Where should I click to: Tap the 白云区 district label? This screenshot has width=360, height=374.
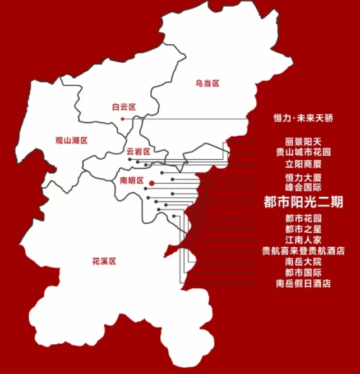coord(124,107)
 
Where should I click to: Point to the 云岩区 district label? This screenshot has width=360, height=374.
coord(139,151)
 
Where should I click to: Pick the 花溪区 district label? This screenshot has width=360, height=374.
coord(104,261)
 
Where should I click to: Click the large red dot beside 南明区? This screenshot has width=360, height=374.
coord(151,183)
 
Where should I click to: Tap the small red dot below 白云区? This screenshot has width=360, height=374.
coord(122,119)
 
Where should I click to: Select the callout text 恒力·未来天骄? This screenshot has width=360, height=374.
coord(303,119)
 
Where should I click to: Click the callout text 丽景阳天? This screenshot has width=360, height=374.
coord(303,142)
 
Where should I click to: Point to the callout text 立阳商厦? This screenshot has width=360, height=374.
coord(303,165)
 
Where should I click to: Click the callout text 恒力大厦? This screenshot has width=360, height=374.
coord(303,178)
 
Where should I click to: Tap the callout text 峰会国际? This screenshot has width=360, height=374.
coord(303,188)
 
